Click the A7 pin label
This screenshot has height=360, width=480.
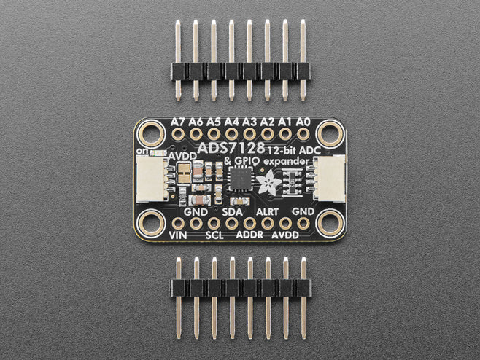tap(178, 122)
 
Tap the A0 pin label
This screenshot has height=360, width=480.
tap(303, 122)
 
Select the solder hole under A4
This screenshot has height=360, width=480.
tap(231, 134)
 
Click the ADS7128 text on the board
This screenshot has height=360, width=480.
tap(231, 148)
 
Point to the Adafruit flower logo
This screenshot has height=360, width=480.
tap(268, 181)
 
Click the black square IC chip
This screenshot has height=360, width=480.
tap(241, 179)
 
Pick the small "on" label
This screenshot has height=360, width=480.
tap(142, 150)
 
